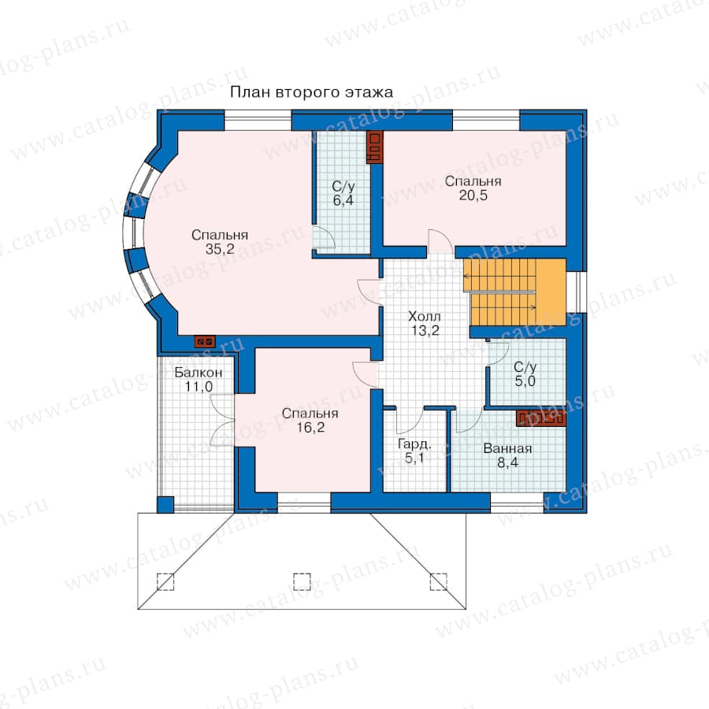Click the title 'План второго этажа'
[x=311, y=92]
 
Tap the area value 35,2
[x=220, y=249]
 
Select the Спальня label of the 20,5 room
[x=473, y=181]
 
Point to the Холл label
[x=424, y=316]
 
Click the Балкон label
[x=198, y=373]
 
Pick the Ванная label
[x=507, y=448]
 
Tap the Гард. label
[x=414, y=444]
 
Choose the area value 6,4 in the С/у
[x=343, y=200]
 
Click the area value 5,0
[x=525, y=381]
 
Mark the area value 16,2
[x=310, y=427]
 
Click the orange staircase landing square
[x=551, y=291]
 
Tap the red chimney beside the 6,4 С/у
[x=375, y=147]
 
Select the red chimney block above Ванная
[x=541, y=418]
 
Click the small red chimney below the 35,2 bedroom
[x=205, y=341]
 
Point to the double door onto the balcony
[x=222, y=421]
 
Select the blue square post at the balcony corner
[x=165, y=505]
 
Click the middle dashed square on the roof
[x=302, y=582]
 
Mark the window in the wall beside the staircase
[x=577, y=292]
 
